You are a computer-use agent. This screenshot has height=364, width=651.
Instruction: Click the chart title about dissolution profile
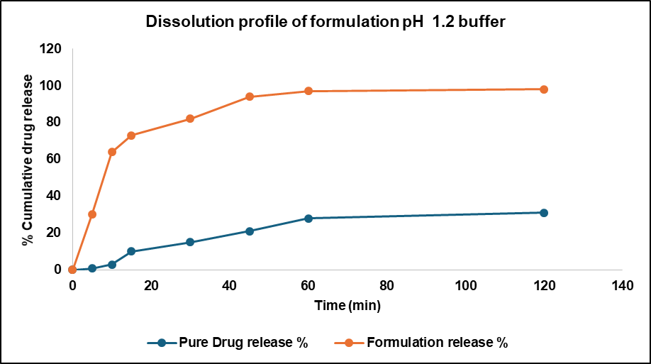pyautogui.click(x=325, y=22)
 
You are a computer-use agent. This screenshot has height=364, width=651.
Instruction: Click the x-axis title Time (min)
pyautogui.click(x=347, y=306)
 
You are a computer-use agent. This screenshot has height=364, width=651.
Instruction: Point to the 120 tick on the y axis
pyautogui.click(x=51, y=49)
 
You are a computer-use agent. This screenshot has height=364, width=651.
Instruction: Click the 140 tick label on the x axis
pyautogui.click(x=622, y=285)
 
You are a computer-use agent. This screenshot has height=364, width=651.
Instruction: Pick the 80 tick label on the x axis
pyautogui.click(x=386, y=285)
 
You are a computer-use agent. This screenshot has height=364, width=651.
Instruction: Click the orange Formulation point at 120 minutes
pyautogui.click(x=544, y=89)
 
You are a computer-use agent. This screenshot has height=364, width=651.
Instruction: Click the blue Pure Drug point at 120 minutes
pyautogui.click(x=544, y=213)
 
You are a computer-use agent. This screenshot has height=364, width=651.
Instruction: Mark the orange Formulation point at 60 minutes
pyautogui.click(x=308, y=91)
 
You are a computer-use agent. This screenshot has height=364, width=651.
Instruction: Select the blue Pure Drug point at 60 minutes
pyautogui.click(x=308, y=219)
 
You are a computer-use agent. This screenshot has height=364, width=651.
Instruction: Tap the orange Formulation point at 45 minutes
pyautogui.click(x=250, y=96)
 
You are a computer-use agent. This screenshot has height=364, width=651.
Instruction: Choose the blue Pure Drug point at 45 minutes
pyautogui.click(x=250, y=231)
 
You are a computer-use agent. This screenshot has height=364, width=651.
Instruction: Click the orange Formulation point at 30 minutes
pyautogui.click(x=190, y=118)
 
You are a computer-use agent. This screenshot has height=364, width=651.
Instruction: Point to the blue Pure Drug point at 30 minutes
pyautogui.click(x=190, y=242)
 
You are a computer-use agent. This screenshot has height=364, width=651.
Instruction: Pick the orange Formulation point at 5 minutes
pyautogui.click(x=92, y=214)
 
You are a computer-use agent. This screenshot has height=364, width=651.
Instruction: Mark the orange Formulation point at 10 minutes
pyautogui.click(x=112, y=152)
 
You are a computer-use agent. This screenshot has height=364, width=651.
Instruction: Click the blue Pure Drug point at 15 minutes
pyautogui.click(x=131, y=251)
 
